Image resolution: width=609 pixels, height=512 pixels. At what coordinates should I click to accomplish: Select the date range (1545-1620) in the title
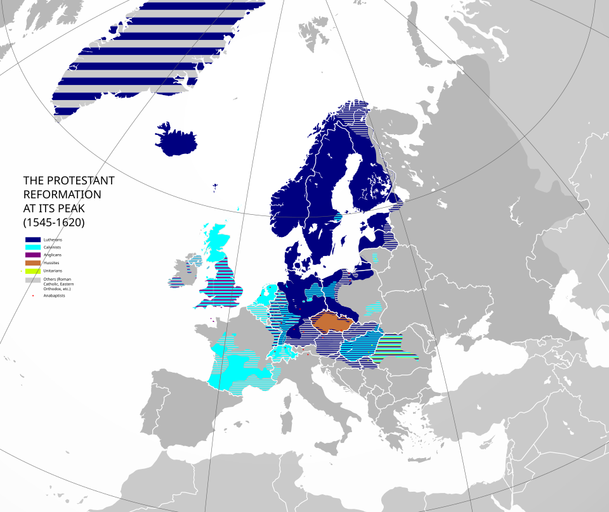[x=54, y=222]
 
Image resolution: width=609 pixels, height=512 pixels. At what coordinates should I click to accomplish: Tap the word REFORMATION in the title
[x=62, y=195]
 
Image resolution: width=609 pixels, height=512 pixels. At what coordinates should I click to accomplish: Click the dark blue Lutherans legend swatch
[x=32, y=240]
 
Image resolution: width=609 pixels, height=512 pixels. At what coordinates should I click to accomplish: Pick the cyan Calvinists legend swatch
[x=32, y=247]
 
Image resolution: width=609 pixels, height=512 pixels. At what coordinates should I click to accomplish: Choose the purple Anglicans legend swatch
[x=32, y=255]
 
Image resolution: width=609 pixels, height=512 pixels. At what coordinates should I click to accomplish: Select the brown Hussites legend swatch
[x=32, y=262]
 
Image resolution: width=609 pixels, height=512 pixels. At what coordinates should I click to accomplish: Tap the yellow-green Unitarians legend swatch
[x=32, y=271]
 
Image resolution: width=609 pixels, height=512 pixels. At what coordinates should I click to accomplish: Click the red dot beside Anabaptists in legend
[x=32, y=295]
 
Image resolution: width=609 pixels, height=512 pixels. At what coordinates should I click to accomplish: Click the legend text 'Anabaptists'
[x=55, y=295]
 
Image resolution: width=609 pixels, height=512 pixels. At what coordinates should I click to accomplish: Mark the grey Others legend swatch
[x=32, y=279]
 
